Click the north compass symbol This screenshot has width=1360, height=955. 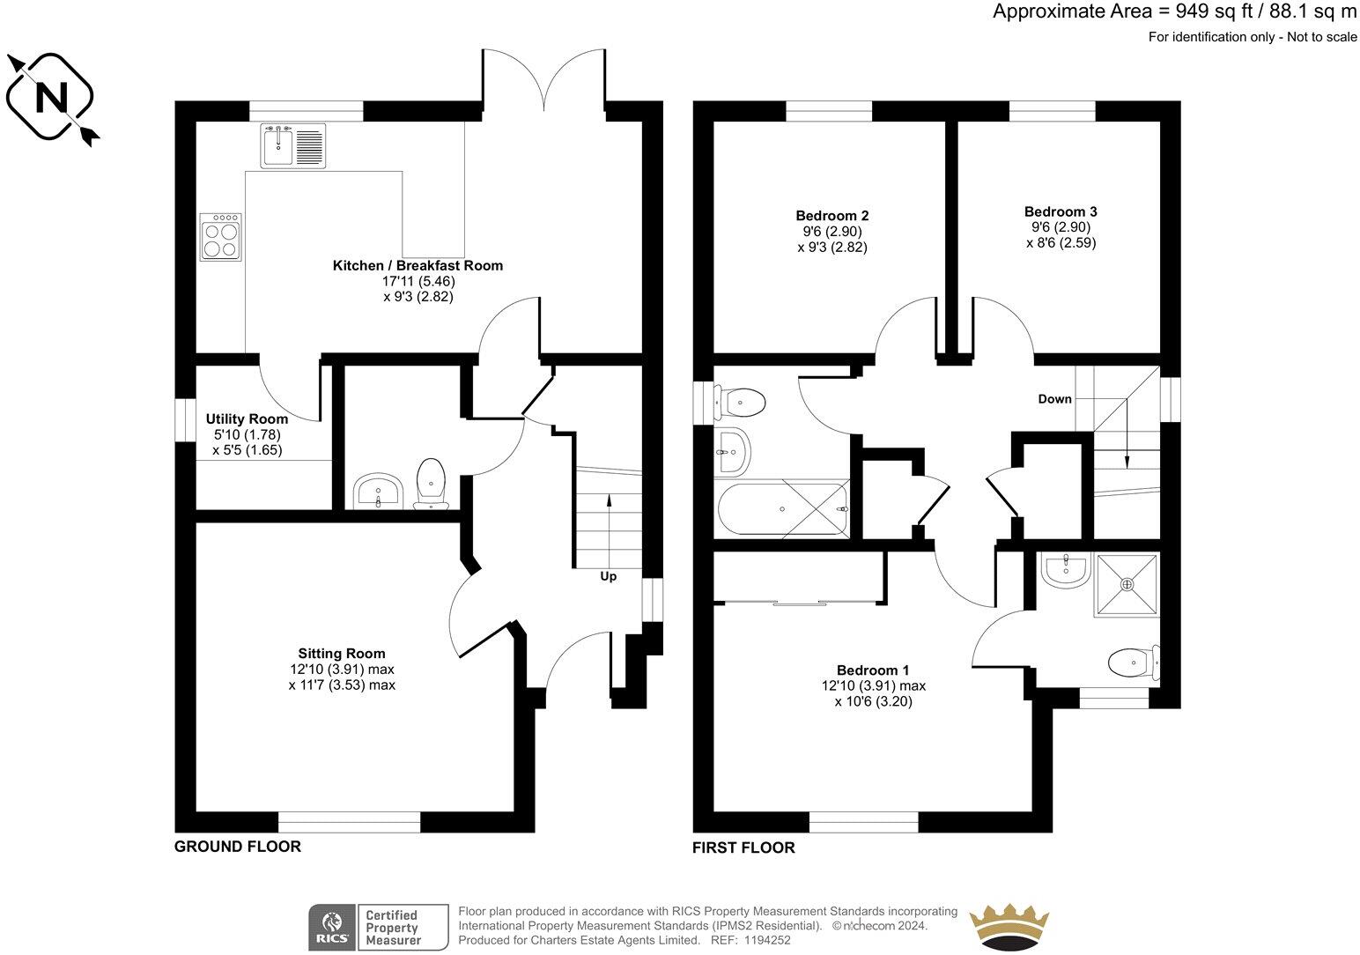pos(51,97)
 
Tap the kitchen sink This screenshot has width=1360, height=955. pos(292,145)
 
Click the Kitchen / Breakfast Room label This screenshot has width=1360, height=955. pos(418,265)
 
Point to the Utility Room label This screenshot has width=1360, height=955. pos(247,419)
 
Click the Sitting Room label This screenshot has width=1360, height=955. pos(342,654)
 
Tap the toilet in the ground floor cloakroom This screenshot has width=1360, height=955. pos(431,484)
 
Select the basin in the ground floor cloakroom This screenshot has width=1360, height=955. pos(379,490)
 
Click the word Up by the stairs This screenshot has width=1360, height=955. pos(608,576)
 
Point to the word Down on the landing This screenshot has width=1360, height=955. pos(1054,399)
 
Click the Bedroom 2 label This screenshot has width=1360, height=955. pos(832,216)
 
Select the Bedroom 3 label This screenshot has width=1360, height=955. pos(1061,211)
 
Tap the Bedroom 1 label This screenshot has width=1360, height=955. pos(873,670)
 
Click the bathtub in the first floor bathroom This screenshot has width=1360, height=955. pos(783,509)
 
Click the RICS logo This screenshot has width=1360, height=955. pos(330,927)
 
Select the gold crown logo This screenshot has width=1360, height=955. pos(1010,928)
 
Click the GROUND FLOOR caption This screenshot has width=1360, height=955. pos(238,847)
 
